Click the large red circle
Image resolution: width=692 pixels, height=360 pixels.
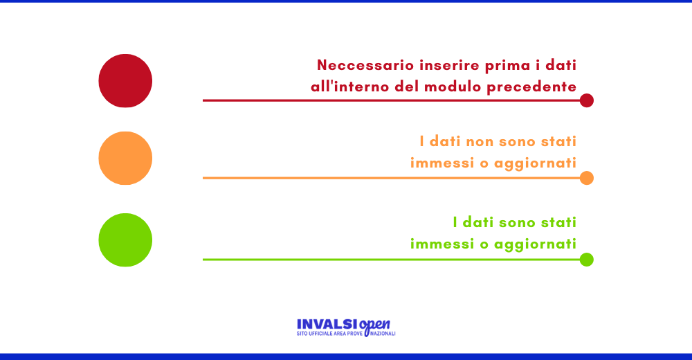(125, 81)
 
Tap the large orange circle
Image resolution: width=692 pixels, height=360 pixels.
(125, 158)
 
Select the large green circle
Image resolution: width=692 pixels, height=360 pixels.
(125, 240)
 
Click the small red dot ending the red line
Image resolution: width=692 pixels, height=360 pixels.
(587, 100)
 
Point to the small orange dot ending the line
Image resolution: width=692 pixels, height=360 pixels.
(587, 178)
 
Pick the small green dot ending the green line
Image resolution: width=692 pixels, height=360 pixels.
(587, 260)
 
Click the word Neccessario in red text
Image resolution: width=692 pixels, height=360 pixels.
(365, 65)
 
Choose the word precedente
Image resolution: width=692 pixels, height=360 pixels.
(531, 87)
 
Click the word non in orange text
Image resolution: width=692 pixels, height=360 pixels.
(480, 142)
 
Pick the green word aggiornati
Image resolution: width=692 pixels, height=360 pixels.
(536, 244)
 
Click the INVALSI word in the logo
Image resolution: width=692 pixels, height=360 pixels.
(327, 325)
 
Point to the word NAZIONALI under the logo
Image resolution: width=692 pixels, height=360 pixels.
(383, 334)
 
